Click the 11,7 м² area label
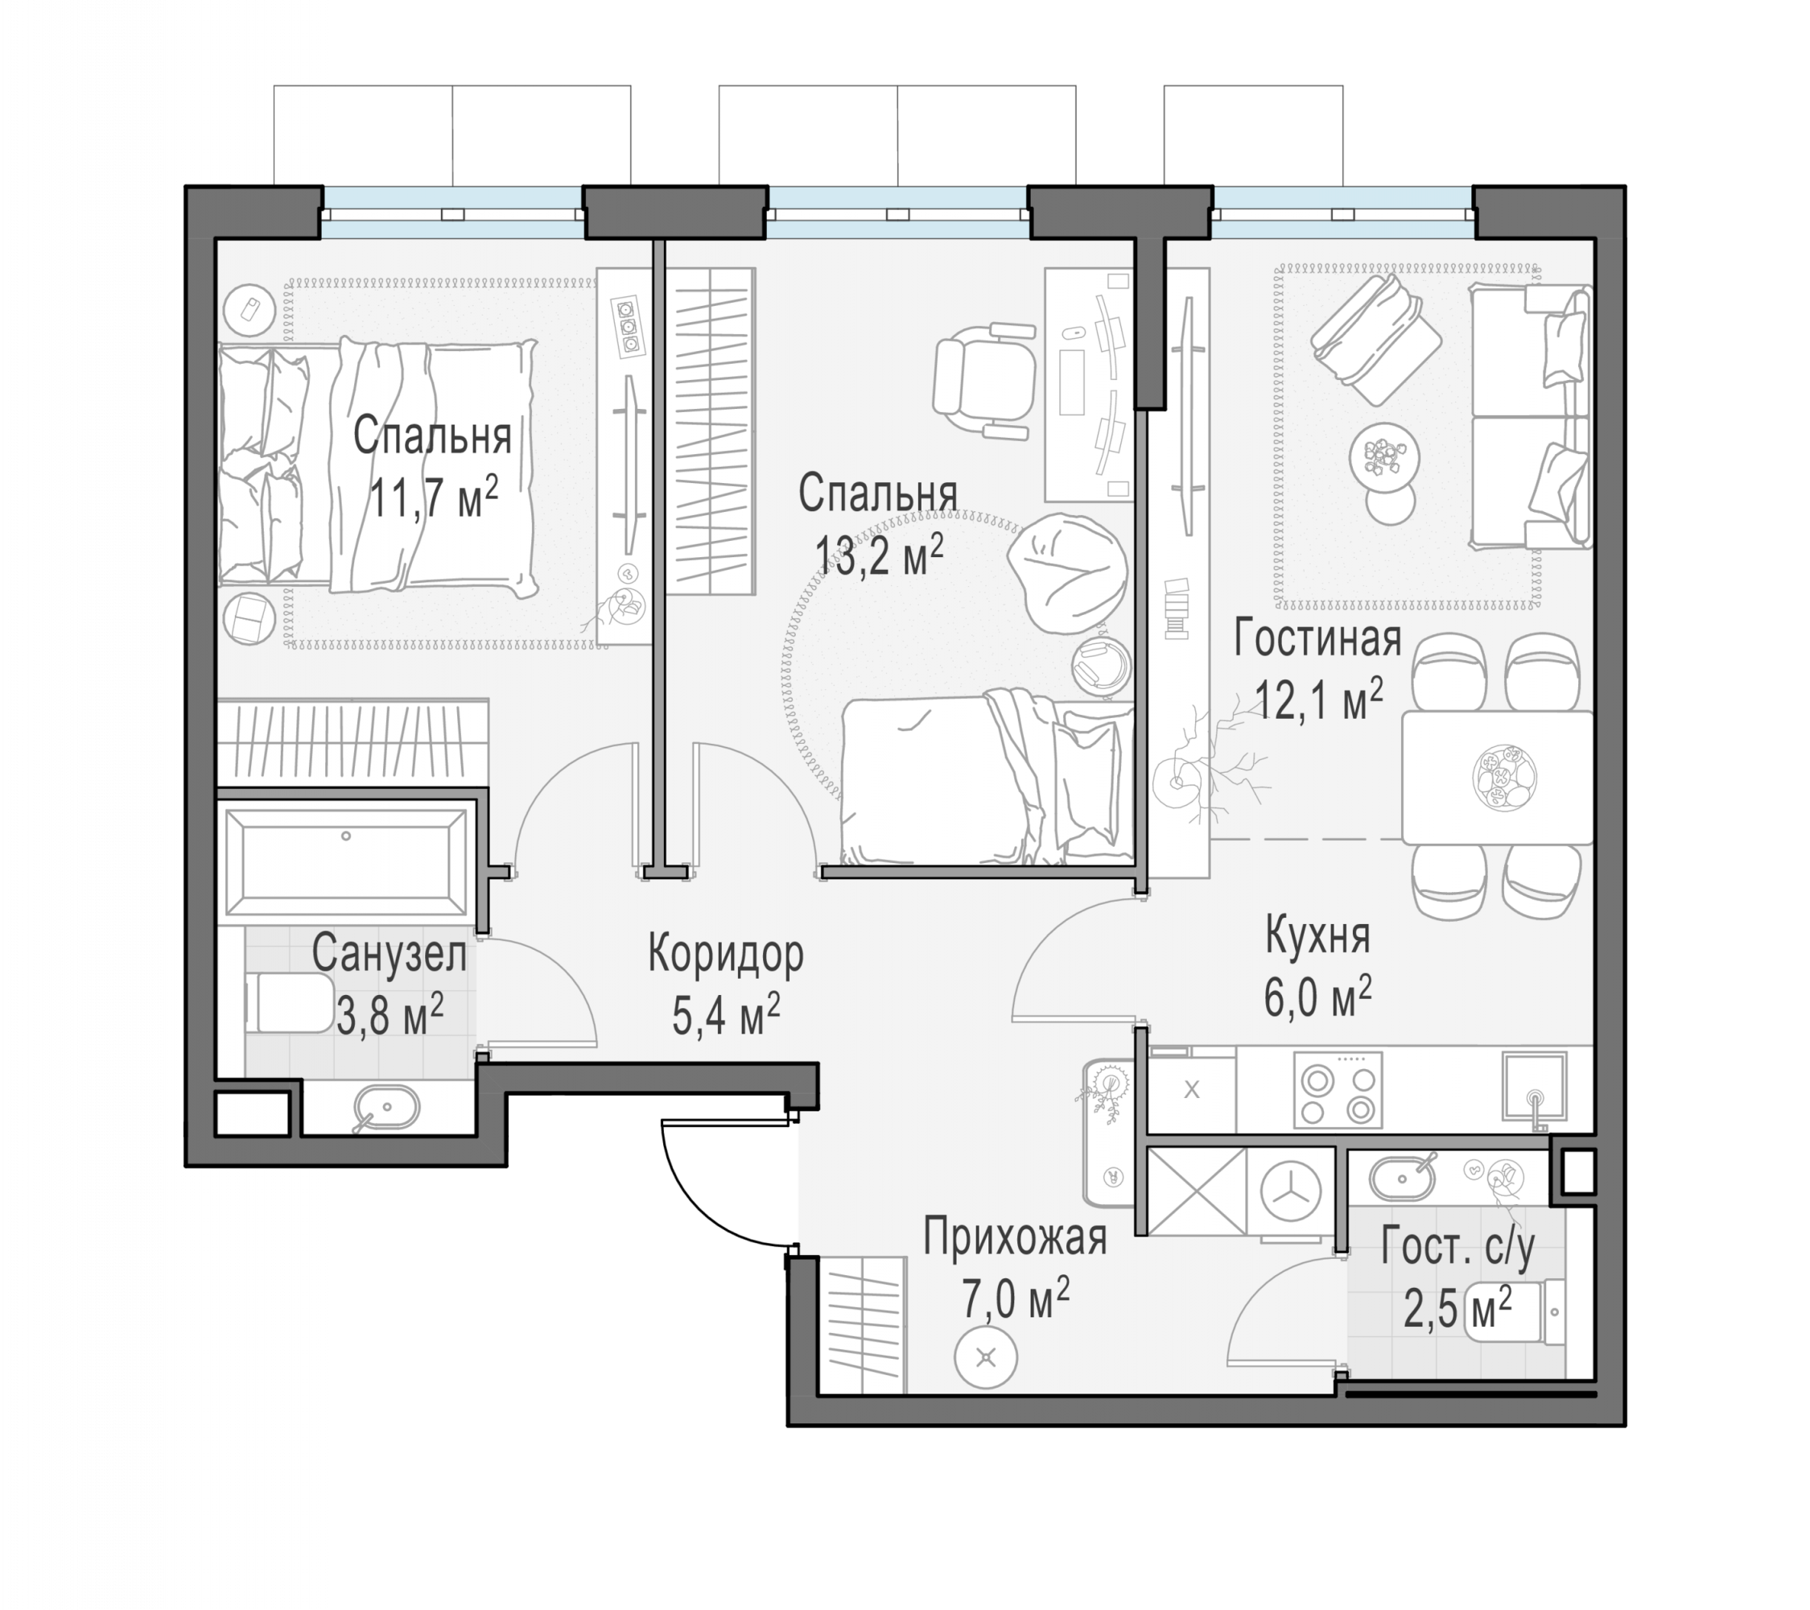tap(433, 497)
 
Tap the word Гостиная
tap(1317, 639)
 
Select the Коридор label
tap(726, 954)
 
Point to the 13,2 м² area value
tap(878, 555)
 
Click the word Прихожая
tap(1015, 1236)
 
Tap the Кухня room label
tap(1317, 936)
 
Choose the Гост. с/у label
tap(1457, 1248)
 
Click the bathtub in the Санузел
tap(346, 861)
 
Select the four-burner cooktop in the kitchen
tap(1337, 1090)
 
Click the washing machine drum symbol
tap(1290, 1192)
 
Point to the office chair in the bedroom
tap(983, 382)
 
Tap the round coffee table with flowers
tap(1384, 458)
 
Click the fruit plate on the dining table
tap(1503, 778)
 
